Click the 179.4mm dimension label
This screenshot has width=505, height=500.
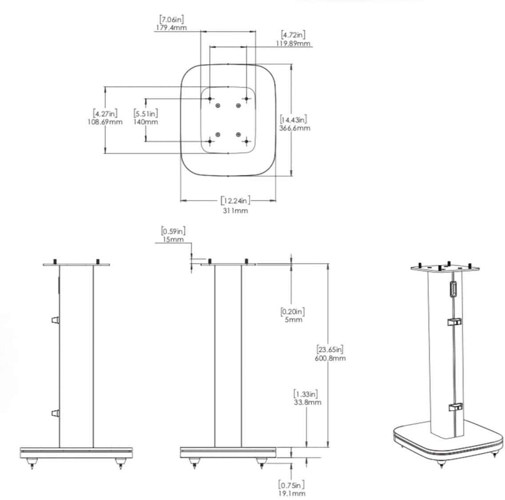tap(171, 28)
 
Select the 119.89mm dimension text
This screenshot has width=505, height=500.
tap(293, 43)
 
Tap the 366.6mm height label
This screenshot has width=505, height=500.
tap(295, 128)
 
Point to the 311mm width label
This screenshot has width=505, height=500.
tap(236, 210)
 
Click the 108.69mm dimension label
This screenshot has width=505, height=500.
tap(105, 122)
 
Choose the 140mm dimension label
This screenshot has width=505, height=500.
tap(145, 122)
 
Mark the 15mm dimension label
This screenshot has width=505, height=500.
tap(173, 239)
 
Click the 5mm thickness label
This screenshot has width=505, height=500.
tap(293, 320)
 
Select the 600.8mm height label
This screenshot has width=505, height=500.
tap(330, 358)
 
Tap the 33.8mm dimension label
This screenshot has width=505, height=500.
tap(307, 402)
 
